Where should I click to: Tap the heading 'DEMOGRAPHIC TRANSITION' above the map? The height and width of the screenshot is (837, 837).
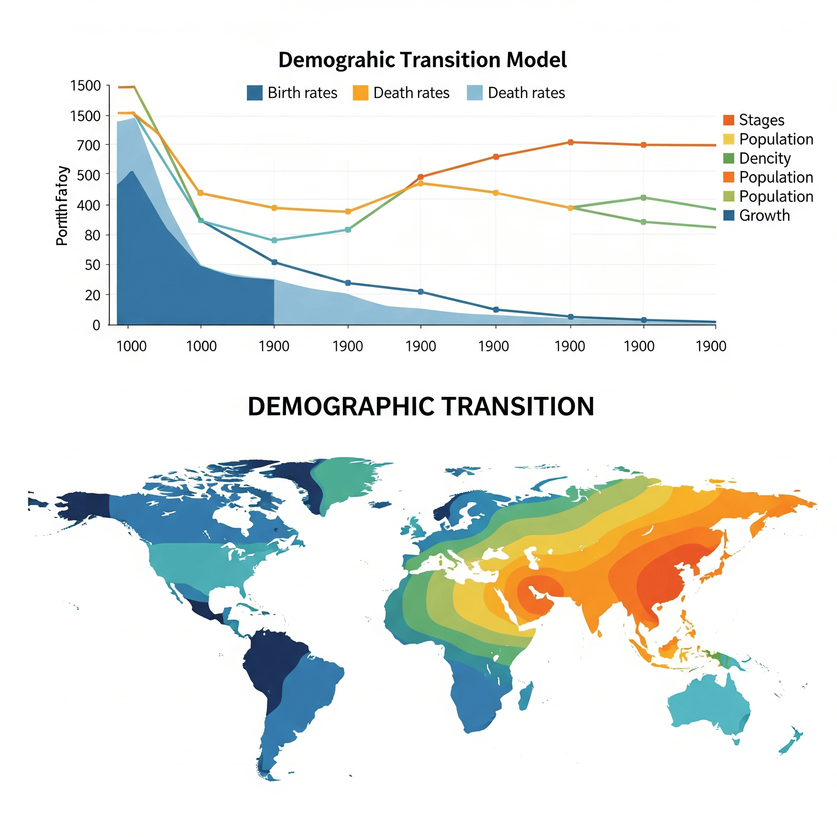point(420,406)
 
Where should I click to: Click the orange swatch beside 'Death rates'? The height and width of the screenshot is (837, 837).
point(360,93)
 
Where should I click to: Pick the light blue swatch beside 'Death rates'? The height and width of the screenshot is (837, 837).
point(474,93)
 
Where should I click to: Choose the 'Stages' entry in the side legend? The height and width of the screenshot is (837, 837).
point(761,120)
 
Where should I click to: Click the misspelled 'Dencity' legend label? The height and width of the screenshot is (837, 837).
point(765,158)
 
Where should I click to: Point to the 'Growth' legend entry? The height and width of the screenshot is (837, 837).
point(764,215)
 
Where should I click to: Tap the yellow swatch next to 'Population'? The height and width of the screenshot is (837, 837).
point(729,139)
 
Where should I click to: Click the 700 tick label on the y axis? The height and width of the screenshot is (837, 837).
point(88,145)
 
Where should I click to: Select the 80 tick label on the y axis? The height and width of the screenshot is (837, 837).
point(92,235)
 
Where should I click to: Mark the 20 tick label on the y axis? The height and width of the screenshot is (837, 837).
point(92,295)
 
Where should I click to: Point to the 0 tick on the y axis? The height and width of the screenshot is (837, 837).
point(96,325)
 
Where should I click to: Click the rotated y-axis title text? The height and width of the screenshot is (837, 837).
point(63,206)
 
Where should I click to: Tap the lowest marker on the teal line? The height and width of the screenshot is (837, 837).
point(274,240)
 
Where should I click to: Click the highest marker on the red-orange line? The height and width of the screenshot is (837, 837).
point(570,142)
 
